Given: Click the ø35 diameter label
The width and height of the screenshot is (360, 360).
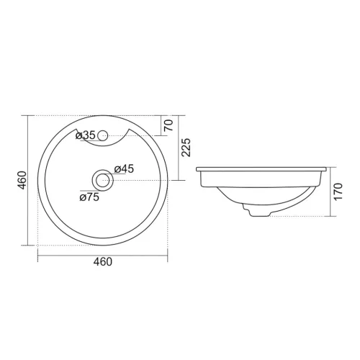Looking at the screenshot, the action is (86, 135).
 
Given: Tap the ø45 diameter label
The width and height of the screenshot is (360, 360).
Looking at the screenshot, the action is (124, 169).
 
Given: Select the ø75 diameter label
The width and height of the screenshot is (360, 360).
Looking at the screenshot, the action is (89, 197).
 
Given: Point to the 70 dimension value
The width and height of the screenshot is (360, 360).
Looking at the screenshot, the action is (168, 125).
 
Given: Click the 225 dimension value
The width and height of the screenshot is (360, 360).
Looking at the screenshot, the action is (186, 148).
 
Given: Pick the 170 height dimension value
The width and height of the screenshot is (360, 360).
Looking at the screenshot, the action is (338, 192).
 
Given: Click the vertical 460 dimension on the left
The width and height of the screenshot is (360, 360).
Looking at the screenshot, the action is (22, 180).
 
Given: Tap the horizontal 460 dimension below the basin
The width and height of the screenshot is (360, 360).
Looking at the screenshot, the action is (103, 261).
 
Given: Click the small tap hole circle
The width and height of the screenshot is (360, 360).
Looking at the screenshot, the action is (103, 135).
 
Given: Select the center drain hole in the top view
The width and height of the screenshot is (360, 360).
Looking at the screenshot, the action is (103, 180).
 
